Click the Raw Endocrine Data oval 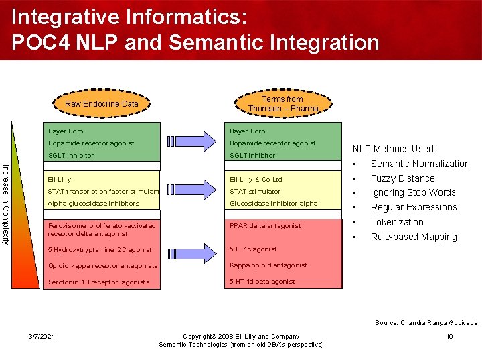pyautogui.click(x=101, y=103)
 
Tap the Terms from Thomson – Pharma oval pyautogui.click(x=283, y=103)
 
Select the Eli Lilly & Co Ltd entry pyautogui.click(x=256, y=180)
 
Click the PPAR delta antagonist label pyautogui.click(x=265, y=226)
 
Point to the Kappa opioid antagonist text pyautogui.click(x=268, y=265)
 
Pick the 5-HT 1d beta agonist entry pyautogui.click(x=262, y=282)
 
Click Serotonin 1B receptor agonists pyautogui.click(x=98, y=282)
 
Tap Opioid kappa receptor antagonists pyautogui.click(x=102, y=266)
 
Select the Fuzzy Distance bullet pyautogui.click(x=402, y=178)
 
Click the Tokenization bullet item pyautogui.click(x=397, y=222)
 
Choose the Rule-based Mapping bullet pyautogui.click(x=413, y=237)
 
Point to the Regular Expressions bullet pyautogui.click(x=414, y=207)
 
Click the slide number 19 pyautogui.click(x=449, y=337)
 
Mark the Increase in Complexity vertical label pyautogui.click(x=7, y=194)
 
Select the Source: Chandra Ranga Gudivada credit pyautogui.click(x=426, y=322)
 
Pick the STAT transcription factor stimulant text pyautogui.click(x=104, y=192)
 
